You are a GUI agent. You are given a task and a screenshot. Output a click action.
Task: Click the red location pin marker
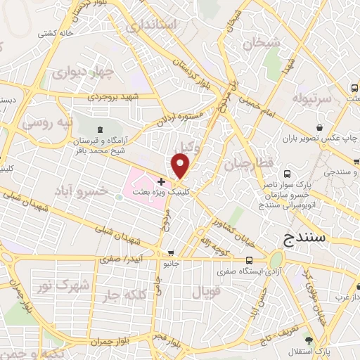pos(181,165)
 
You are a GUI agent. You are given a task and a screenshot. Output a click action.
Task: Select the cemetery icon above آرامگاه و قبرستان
pos(99,130)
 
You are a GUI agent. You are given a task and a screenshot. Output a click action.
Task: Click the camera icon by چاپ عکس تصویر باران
pos(321,127)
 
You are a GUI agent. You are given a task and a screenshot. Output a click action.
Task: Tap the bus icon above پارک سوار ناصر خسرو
pos(287,173)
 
